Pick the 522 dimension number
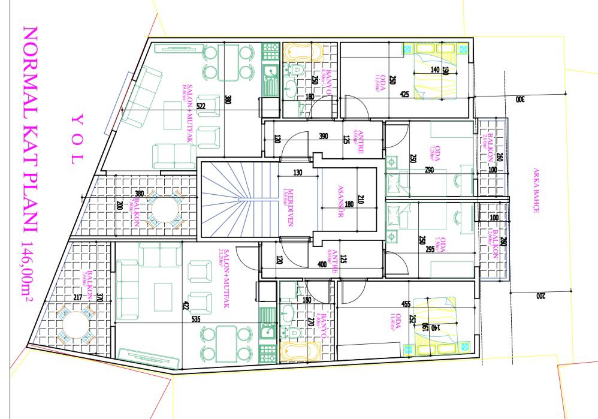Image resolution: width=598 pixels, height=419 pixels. [201, 107]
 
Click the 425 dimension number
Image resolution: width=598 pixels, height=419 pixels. [404, 95]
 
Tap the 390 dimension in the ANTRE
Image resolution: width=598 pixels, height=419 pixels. [324, 137]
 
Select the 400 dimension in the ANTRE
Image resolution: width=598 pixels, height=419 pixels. [323, 264]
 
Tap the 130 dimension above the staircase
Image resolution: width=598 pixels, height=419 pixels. [298, 173]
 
